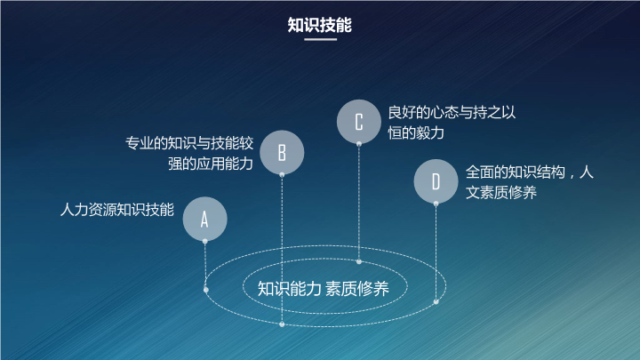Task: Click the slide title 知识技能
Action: (x=320, y=25)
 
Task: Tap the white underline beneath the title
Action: (x=320, y=40)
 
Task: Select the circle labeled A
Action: (x=205, y=219)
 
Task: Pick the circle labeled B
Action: (x=282, y=153)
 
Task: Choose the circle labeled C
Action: (x=359, y=122)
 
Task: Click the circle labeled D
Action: (x=436, y=181)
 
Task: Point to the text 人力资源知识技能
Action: (x=117, y=210)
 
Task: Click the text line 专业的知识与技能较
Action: (x=189, y=143)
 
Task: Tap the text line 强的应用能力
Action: (x=211, y=164)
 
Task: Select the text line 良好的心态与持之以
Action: (x=452, y=112)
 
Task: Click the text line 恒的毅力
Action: (x=416, y=133)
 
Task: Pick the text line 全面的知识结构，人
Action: (x=530, y=172)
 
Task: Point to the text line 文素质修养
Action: (x=500, y=192)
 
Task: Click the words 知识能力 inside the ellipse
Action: (x=290, y=289)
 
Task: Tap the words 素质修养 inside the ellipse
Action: (x=357, y=289)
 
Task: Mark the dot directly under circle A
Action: (x=205, y=242)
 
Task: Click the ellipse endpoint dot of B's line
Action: (x=282, y=324)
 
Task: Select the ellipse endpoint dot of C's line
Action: (x=359, y=261)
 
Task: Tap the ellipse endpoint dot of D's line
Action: (x=436, y=302)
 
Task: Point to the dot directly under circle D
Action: (x=436, y=204)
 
